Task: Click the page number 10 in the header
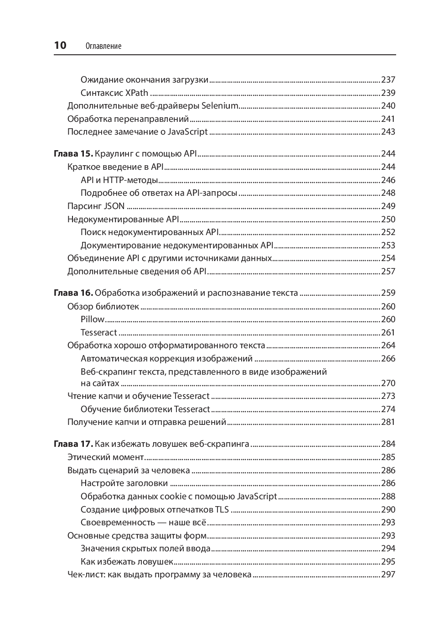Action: pos(60,45)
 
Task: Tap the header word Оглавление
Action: pos(103,46)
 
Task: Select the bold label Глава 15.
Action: pos(73,154)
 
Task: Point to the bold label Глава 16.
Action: pos(73,293)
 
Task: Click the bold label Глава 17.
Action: pos(73,444)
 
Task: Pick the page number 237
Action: pos(388,80)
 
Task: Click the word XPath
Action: pos(137,93)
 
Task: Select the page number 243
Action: pos(388,132)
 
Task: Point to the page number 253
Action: pos(388,246)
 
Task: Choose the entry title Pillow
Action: pos(93,319)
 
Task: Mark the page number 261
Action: pos(388,333)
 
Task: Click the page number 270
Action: pos(388,383)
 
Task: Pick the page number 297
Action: pos(388,575)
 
